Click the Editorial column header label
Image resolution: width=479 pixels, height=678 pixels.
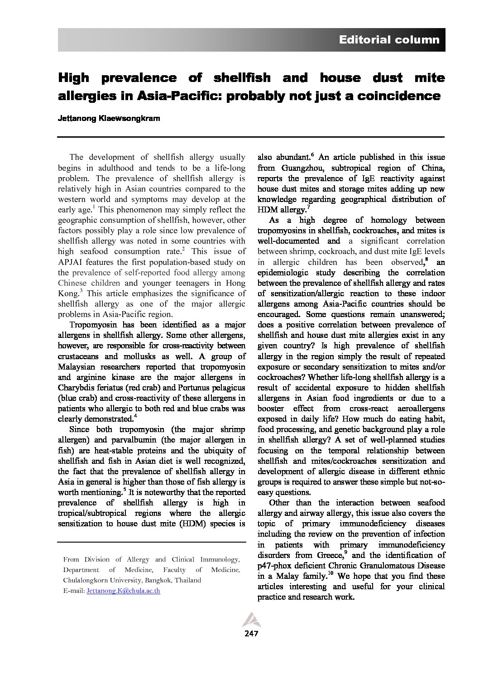pos(389,40)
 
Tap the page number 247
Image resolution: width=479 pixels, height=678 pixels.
pos(251,634)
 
